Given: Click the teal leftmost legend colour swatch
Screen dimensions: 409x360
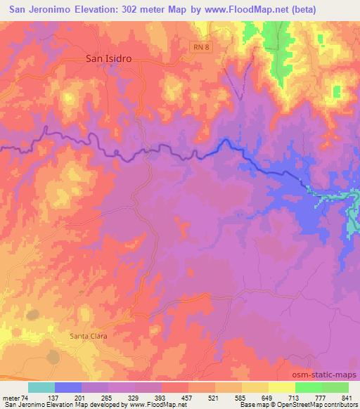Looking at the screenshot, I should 41,387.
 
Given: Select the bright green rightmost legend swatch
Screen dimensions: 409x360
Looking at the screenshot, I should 335,387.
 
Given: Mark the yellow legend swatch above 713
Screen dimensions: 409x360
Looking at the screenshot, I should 281,387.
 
